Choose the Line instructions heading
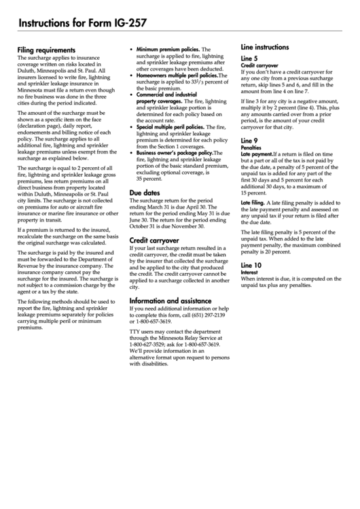click(265, 48)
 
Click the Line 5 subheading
click(249, 58)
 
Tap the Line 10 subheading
click(251, 264)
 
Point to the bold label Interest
click(250, 272)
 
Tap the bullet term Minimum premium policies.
click(168, 50)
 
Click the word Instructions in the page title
click(47, 23)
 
